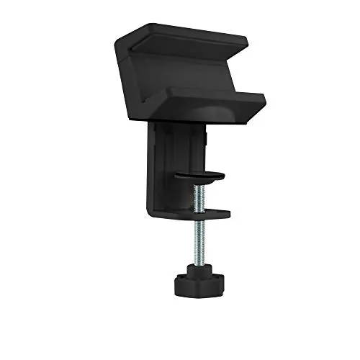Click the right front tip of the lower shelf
(x=262, y=100)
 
